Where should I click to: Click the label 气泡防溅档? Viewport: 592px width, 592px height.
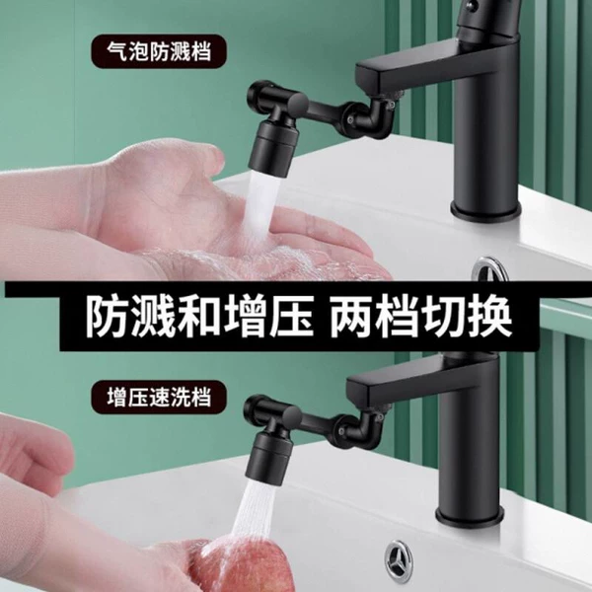pos(158,51)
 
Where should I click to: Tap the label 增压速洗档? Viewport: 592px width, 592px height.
pos(159,398)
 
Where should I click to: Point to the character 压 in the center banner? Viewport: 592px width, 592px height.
pos(291,316)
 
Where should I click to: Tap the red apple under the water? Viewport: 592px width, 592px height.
pos(242,566)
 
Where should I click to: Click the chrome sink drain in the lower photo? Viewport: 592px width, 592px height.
pos(399,559)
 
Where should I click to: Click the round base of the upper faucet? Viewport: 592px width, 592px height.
pos(484,211)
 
